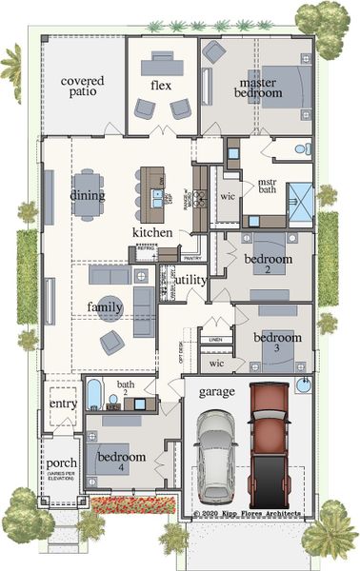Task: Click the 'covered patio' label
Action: [83, 88]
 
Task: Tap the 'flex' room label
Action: [160, 85]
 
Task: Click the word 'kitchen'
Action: [152, 232]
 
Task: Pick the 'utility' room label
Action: [190, 280]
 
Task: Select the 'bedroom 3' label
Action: [276, 344]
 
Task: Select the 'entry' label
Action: [63, 405]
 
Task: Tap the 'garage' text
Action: [216, 391]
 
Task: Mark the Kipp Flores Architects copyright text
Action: [248, 513]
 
